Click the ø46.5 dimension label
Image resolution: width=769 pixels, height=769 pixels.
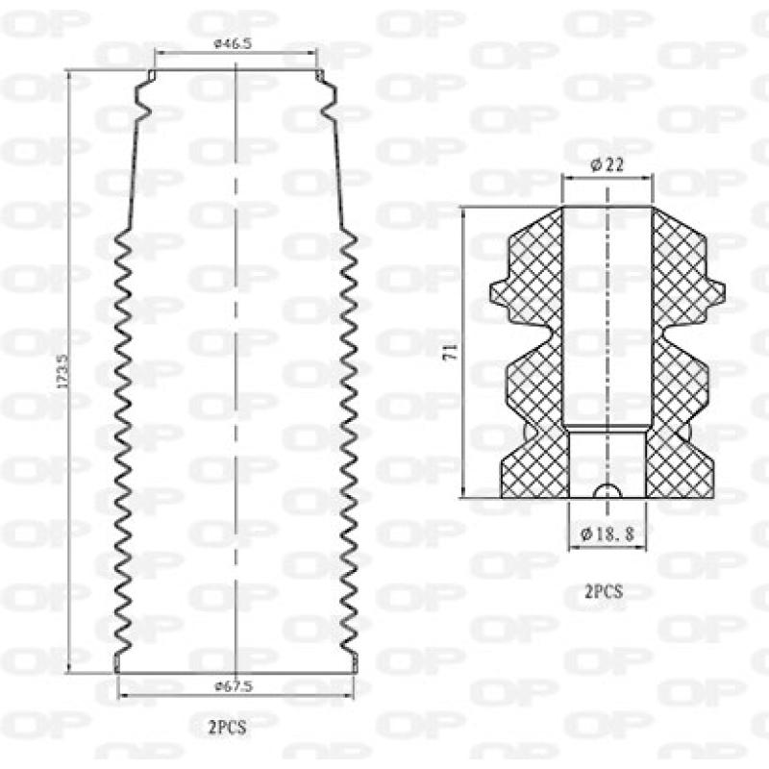point(233,43)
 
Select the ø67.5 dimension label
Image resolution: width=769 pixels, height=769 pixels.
point(234,686)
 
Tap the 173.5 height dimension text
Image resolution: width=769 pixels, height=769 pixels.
point(62,372)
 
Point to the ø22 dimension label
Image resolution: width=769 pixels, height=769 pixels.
point(608,164)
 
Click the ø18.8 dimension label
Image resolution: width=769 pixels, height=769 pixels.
point(608,533)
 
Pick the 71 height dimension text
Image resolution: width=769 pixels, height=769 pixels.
point(450,353)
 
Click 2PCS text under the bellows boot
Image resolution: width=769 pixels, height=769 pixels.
point(227,728)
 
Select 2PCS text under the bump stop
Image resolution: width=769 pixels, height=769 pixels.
point(604,592)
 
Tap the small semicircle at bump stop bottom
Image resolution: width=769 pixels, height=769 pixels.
point(608,490)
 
